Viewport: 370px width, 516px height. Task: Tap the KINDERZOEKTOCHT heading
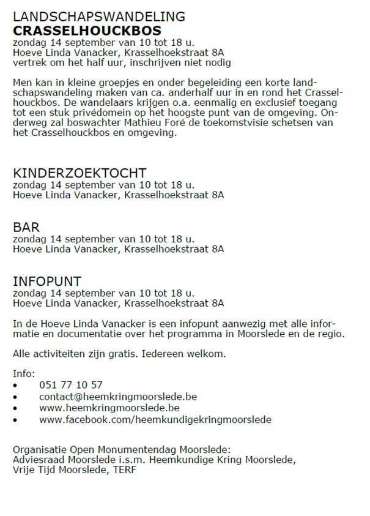(x=80, y=173)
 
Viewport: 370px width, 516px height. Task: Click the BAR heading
(x=26, y=227)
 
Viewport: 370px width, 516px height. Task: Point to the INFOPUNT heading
(x=47, y=282)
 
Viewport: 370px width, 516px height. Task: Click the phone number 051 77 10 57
(x=71, y=385)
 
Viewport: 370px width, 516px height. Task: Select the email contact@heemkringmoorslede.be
(x=118, y=397)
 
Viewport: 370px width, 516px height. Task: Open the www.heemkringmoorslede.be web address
(x=109, y=408)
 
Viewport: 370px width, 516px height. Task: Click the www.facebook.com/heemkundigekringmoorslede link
(x=155, y=419)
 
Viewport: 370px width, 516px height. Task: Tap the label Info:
(x=24, y=373)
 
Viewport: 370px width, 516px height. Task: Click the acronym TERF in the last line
(x=125, y=469)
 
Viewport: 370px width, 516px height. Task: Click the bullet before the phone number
(x=15, y=386)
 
